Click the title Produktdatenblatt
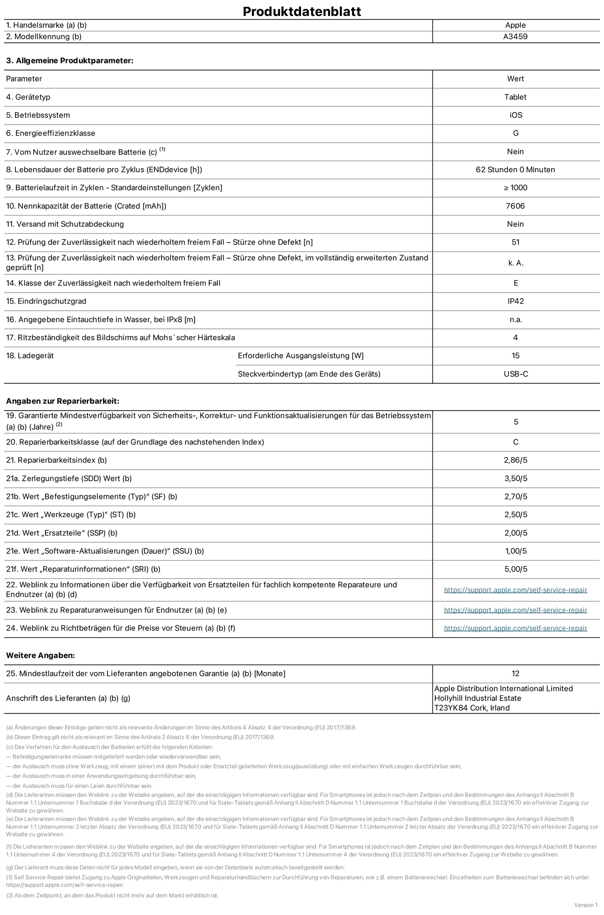(302, 11)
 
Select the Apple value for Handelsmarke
(515, 25)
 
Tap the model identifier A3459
(515, 37)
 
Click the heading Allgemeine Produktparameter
(70, 61)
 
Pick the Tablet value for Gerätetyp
(515, 97)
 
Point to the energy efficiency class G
(515, 133)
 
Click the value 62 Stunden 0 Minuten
(515, 170)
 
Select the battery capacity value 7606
(515, 206)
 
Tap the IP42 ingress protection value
(515, 301)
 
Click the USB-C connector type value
(515, 374)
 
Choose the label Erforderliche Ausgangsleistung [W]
(301, 356)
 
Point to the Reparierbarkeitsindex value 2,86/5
(515, 460)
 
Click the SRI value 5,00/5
(515, 569)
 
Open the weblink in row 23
(515, 610)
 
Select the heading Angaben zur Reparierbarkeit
(62, 401)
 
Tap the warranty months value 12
(515, 674)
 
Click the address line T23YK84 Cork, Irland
(472, 708)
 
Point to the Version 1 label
(585, 905)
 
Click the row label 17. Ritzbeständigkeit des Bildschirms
(121, 338)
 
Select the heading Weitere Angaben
(40, 656)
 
